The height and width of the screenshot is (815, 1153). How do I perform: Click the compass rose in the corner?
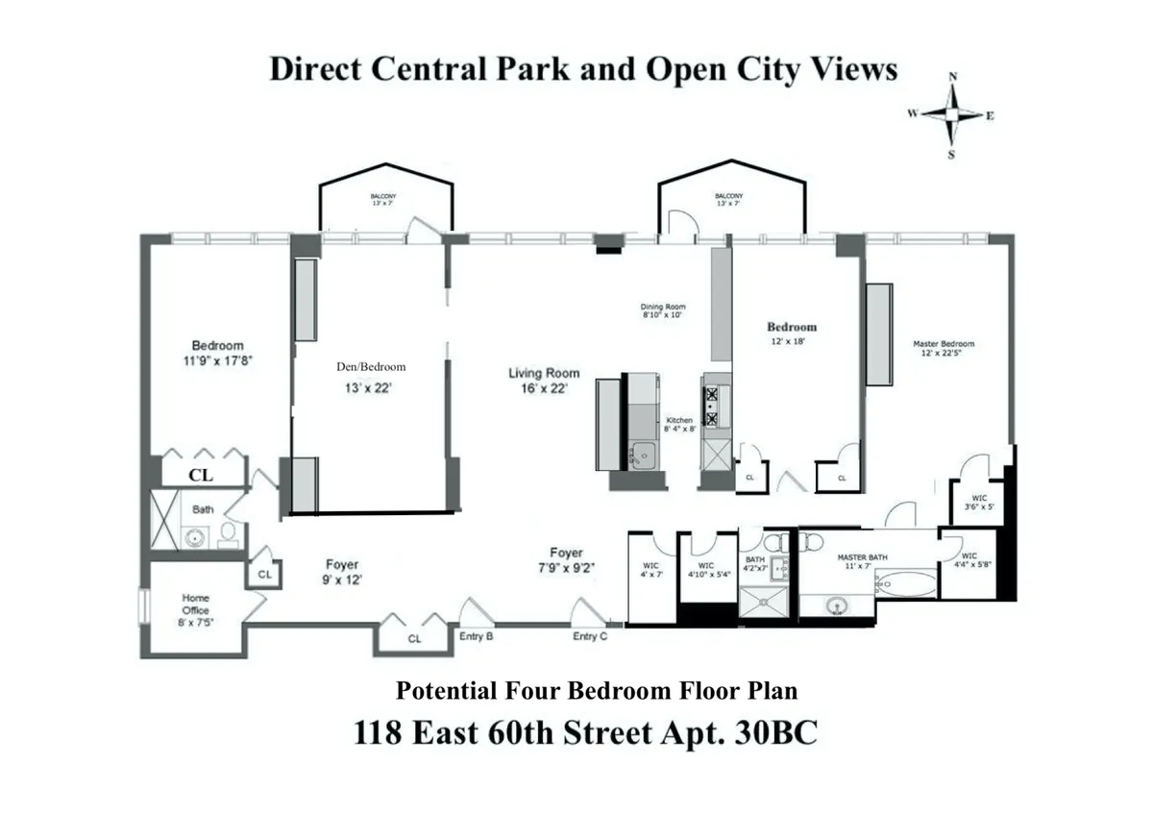coord(951,114)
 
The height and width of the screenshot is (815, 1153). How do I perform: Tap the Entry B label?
coord(478,636)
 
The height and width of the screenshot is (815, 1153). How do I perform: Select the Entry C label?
coord(590,636)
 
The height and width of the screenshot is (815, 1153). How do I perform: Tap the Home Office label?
coord(195,604)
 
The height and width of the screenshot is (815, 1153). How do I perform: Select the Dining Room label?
coord(662,307)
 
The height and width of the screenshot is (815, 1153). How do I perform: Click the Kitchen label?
coord(679,421)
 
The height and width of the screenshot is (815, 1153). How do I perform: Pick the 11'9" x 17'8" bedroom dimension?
coord(217,360)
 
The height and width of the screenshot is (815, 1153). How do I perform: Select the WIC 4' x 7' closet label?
coord(650,570)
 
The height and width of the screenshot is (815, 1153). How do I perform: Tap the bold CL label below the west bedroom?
coord(201,475)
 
